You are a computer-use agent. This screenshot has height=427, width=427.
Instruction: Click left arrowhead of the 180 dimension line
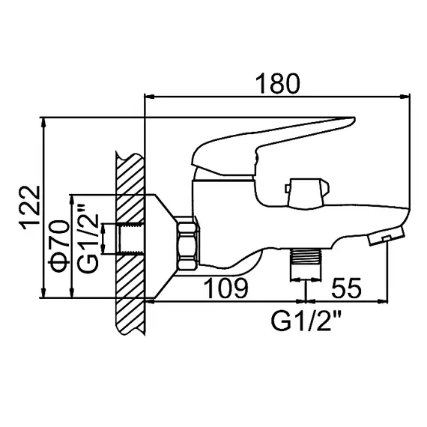tap(148, 97)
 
